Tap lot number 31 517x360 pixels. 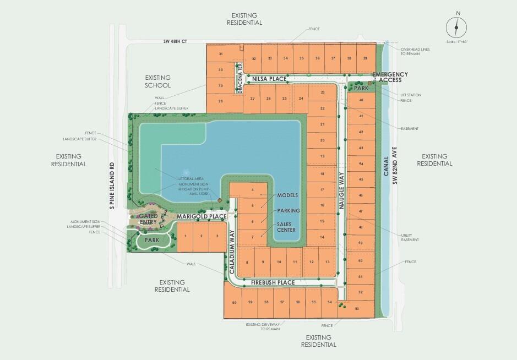tap(220, 54)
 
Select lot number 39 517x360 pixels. tap(364, 58)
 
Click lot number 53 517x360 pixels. tap(357, 309)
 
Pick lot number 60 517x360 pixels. tap(234, 303)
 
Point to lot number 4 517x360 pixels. tap(252, 190)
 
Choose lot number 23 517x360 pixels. tap(323, 92)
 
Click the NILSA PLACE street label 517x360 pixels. tap(270, 79)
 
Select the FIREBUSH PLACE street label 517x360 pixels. tap(273, 282)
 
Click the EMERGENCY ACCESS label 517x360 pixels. tap(390, 77)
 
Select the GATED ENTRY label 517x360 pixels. tap(149, 219)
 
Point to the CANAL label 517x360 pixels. tap(386, 165)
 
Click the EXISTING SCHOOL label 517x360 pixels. tap(158, 81)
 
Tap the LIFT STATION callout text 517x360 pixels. tap(411, 95)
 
